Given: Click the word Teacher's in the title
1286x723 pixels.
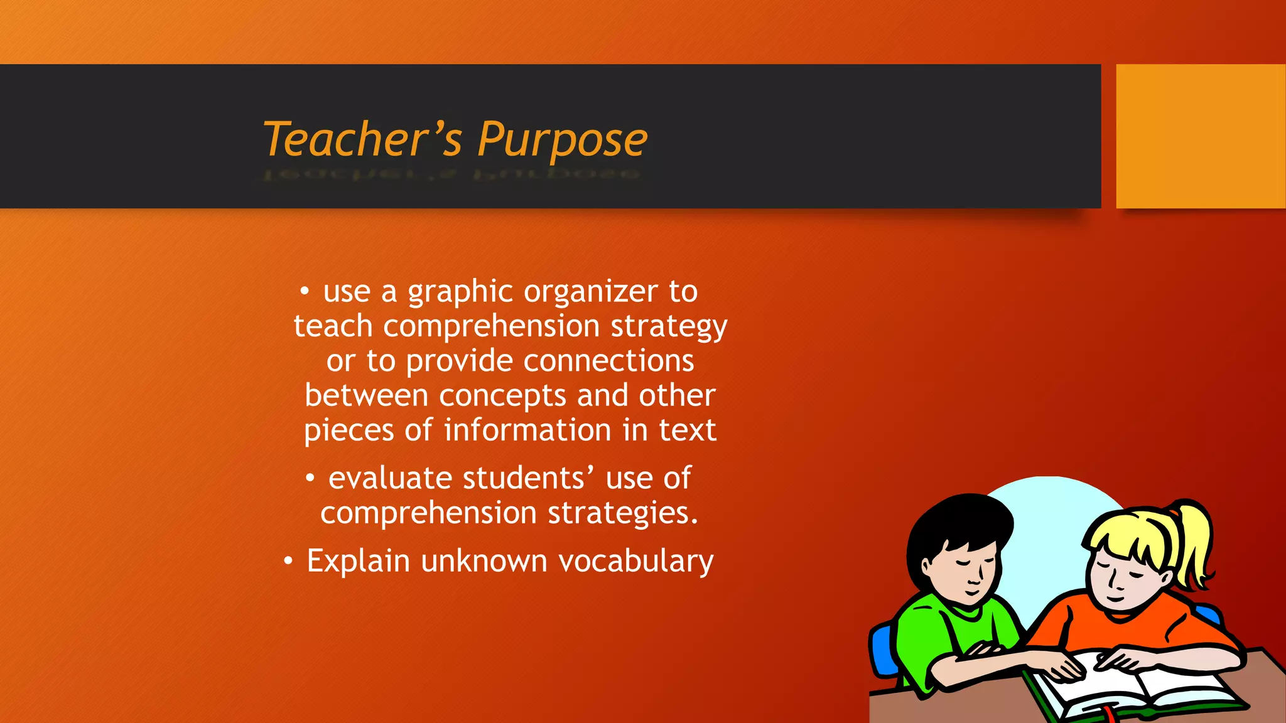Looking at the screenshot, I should click(363, 139).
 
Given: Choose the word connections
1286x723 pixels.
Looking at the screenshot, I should click(608, 361).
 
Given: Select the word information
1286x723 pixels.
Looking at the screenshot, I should click(527, 431).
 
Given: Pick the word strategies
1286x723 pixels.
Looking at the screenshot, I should click(622, 513).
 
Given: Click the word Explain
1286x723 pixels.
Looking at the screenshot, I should click(358, 561).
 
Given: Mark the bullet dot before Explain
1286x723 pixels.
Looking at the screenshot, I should click(288, 560).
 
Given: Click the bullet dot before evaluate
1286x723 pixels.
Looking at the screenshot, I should click(310, 478).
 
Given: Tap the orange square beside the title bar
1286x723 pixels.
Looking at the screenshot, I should click(1201, 136).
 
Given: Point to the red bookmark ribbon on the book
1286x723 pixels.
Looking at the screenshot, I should click(1110, 714).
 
